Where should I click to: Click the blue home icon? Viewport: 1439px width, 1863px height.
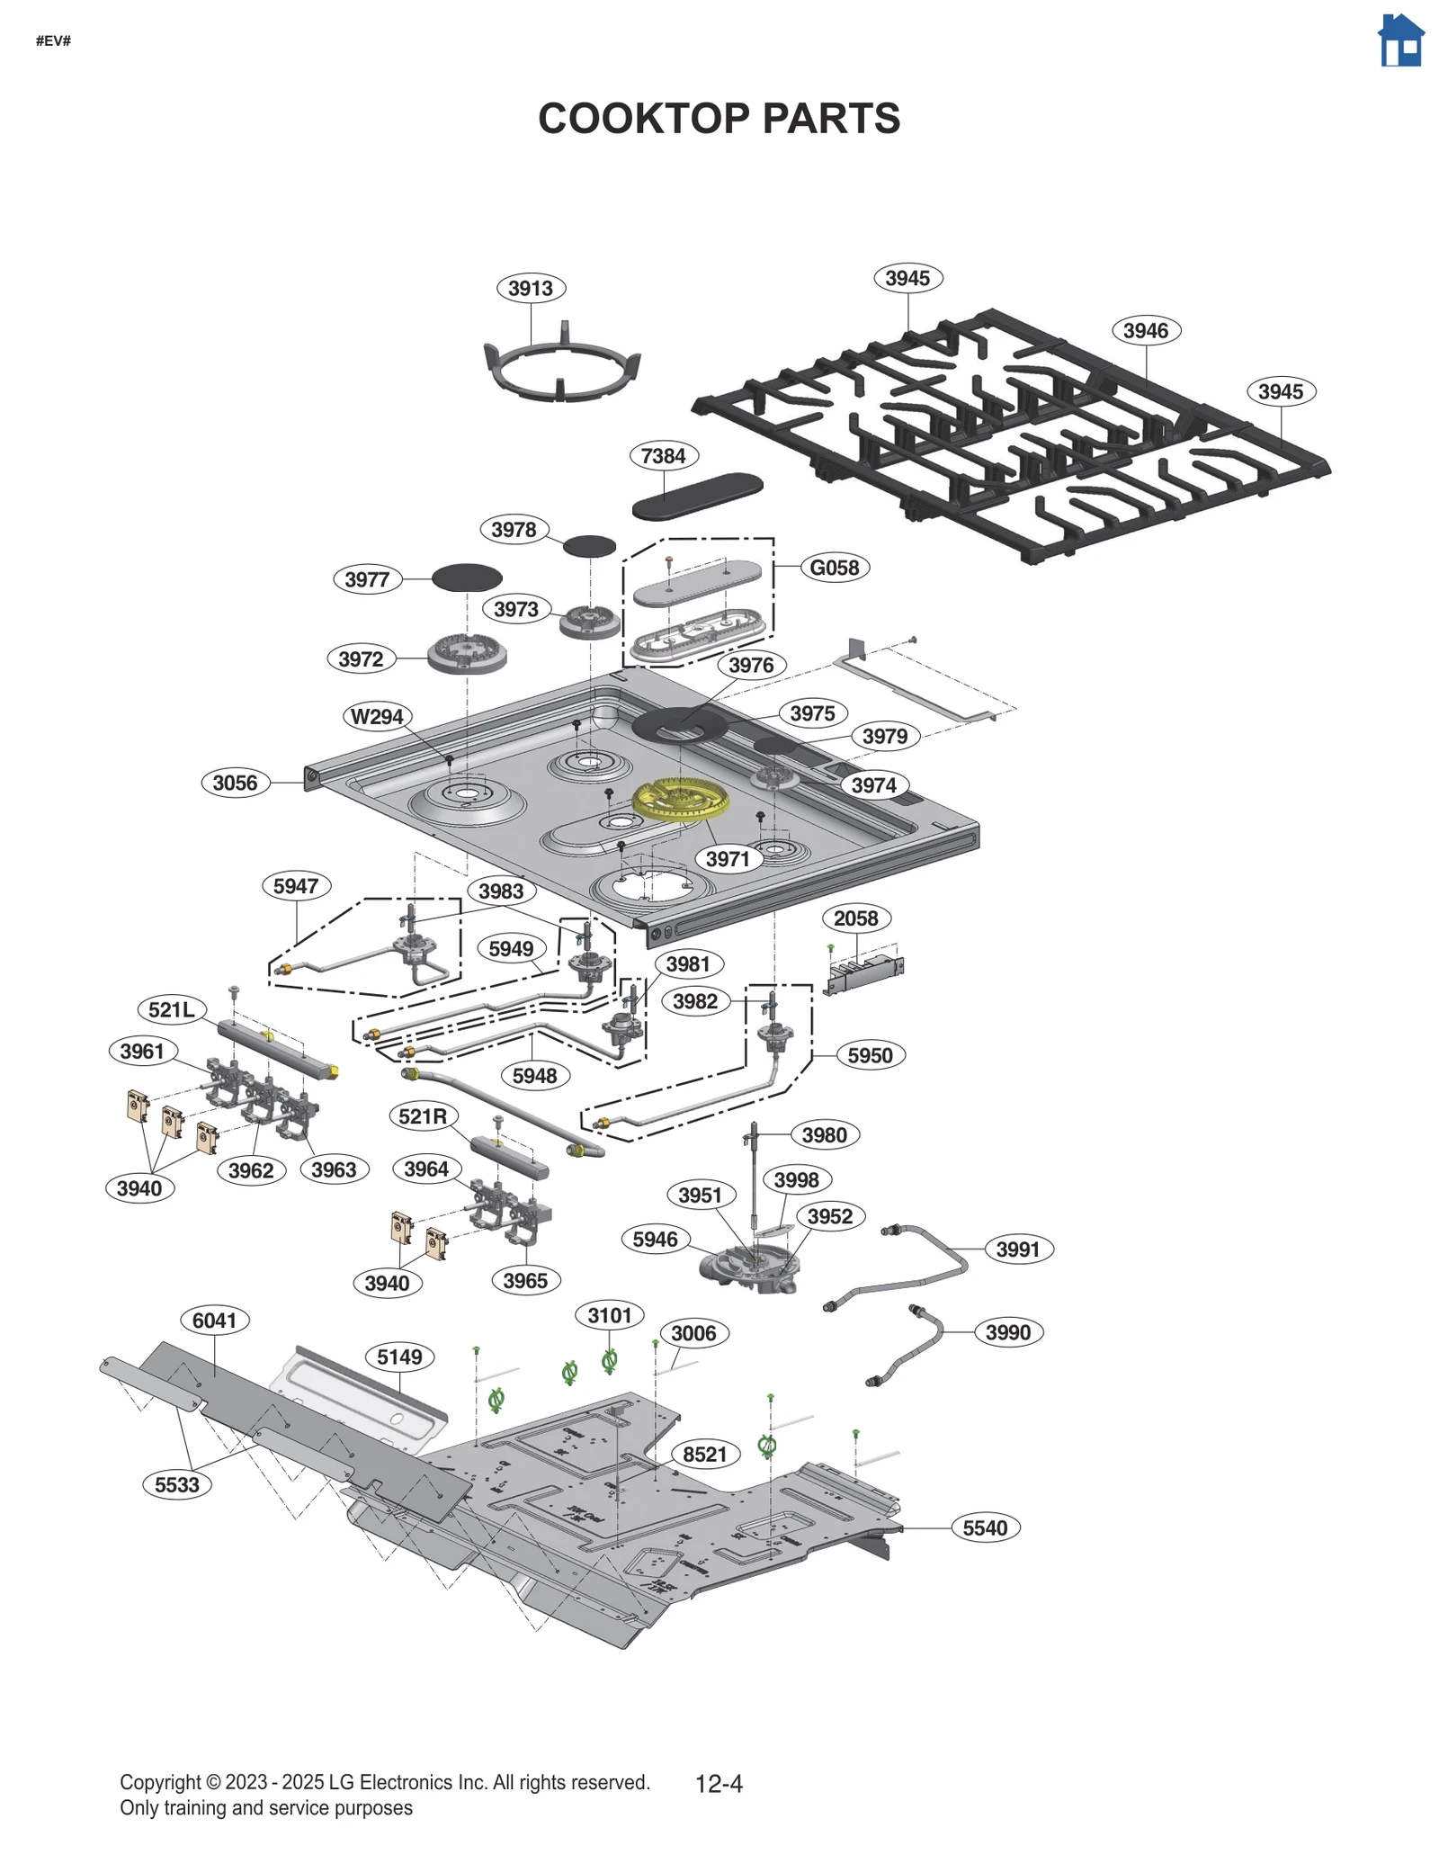point(1400,41)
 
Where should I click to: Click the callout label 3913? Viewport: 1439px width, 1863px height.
point(531,288)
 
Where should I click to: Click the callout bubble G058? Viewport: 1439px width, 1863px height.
point(835,568)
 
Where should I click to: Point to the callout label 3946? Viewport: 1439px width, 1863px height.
point(1146,330)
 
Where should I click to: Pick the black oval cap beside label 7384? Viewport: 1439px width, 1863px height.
point(697,497)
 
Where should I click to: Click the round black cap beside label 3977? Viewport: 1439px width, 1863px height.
point(467,578)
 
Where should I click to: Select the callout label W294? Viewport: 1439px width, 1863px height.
point(377,716)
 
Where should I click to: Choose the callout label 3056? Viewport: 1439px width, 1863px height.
point(235,783)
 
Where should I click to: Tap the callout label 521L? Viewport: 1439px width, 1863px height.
point(172,1009)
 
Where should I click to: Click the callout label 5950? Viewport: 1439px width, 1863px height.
point(870,1055)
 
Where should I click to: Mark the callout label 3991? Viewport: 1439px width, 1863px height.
point(1017,1249)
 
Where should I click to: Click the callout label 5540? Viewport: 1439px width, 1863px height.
point(985,1527)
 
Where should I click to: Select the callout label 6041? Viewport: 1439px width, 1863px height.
point(214,1320)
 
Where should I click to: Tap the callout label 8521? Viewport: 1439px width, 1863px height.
point(704,1454)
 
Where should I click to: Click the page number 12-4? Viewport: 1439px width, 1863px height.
point(719,1783)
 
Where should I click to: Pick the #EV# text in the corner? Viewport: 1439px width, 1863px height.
point(53,40)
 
